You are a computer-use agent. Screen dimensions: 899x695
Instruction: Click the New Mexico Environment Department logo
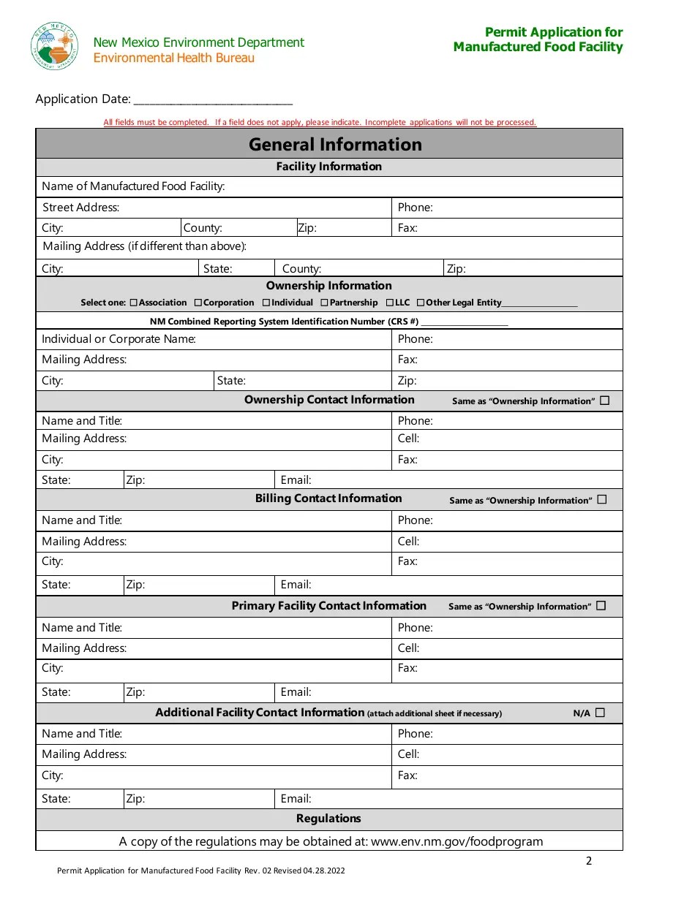[54, 45]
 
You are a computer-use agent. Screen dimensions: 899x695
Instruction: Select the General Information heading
[335, 144]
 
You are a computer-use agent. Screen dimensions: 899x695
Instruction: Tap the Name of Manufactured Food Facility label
[133, 186]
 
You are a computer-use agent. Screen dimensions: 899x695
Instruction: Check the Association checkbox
[133, 303]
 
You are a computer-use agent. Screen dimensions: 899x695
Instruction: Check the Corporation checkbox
[198, 303]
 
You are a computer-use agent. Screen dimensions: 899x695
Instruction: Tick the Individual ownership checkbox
[266, 303]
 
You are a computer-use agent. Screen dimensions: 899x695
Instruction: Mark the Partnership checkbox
[325, 303]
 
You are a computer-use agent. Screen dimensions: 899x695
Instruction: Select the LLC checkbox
[390, 303]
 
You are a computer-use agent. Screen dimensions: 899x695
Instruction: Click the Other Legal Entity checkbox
[421, 303]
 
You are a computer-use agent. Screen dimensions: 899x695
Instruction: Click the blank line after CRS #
[465, 323]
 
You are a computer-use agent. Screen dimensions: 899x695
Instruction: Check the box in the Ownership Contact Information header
[604, 401]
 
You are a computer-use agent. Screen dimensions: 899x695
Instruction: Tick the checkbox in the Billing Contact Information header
[602, 500]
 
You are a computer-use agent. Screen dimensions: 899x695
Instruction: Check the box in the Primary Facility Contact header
[601, 606]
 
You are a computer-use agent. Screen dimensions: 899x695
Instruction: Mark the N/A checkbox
[601, 713]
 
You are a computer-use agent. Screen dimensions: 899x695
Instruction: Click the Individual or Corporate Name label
[119, 339]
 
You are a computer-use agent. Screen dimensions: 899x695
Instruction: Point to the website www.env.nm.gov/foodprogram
[457, 841]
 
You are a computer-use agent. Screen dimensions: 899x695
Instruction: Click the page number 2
[589, 861]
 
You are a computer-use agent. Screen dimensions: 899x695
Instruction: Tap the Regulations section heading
[328, 819]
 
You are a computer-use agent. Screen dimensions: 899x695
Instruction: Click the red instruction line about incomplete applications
[320, 123]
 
